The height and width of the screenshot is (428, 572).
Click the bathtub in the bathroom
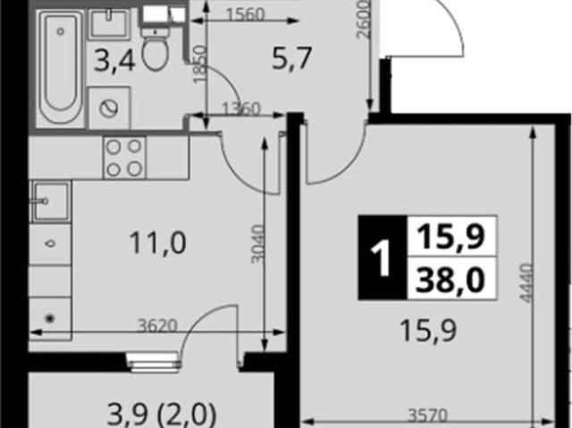coord(61,67)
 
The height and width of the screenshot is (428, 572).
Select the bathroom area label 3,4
coord(114,61)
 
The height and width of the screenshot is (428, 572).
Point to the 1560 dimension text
coord(245,14)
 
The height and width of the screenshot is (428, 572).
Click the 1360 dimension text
coord(241,109)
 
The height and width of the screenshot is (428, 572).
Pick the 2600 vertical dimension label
coord(364,19)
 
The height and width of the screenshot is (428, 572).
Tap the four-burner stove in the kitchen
coord(124,158)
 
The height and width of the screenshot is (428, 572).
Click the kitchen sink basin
coord(50,201)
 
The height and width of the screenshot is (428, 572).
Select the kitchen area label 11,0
coord(157,243)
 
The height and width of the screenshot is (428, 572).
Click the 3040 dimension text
coord(257,244)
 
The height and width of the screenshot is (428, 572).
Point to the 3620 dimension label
coord(157,325)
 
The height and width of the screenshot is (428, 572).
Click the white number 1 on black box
coord(383,257)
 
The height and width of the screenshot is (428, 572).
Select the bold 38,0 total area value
coord(450,280)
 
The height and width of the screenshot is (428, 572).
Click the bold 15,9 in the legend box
coord(450,237)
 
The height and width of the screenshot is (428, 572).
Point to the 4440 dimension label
coord(526,282)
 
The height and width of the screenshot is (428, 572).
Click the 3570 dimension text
coord(427,415)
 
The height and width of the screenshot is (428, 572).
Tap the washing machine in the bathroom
coord(109,107)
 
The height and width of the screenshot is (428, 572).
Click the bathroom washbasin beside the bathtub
coord(109,24)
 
